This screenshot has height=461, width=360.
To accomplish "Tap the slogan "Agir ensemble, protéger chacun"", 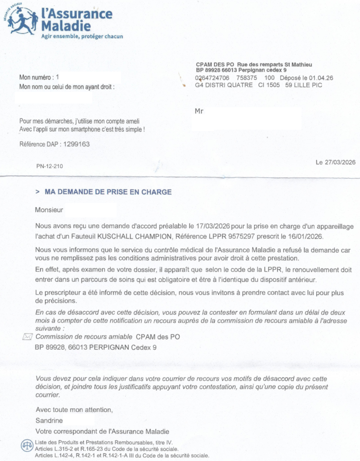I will point(82,36).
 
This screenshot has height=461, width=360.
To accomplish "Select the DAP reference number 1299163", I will point(76,145).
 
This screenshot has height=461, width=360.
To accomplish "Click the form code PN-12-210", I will point(49,167).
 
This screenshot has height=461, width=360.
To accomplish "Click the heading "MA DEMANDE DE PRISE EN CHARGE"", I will point(108,192).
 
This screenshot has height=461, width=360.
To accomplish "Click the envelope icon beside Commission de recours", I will point(27,337).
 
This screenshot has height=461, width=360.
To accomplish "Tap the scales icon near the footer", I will point(27,446).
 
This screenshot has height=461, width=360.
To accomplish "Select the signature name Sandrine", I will point(49,420).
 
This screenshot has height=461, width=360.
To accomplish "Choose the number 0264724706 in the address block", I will point(212,78).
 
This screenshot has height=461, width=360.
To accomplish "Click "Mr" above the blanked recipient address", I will point(199,110).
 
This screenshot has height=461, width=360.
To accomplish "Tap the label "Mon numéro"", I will point(35,77).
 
